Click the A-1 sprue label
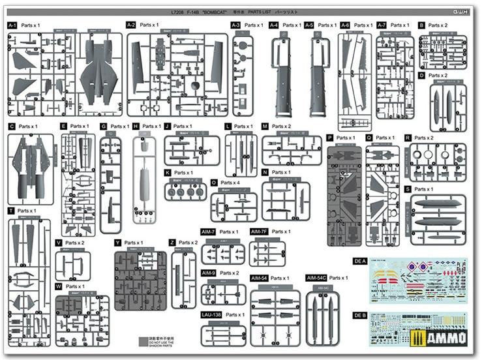tap(12, 25)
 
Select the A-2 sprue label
tap(131, 25)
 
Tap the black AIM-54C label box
tap(316, 278)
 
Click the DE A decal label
tap(359, 261)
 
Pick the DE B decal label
tap(359, 316)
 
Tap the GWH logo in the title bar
tap(467, 12)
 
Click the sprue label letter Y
tap(117, 243)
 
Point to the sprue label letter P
tap(330, 138)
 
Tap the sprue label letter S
tap(408, 189)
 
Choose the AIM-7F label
tap(258, 232)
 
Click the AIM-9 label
tap(208, 273)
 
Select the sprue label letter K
tap(168, 173)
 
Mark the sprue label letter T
tap(11, 211)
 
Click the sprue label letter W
tap(59, 286)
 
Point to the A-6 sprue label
tap(345, 25)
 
